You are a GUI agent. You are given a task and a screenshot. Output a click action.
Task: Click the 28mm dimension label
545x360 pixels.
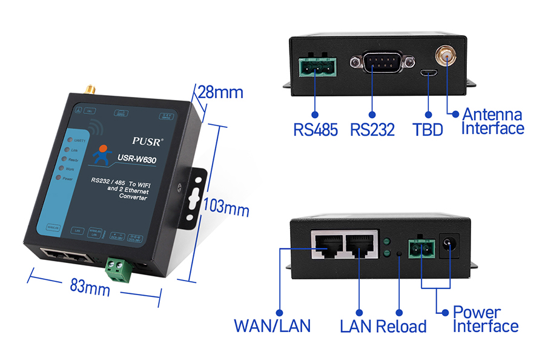coord(220,93)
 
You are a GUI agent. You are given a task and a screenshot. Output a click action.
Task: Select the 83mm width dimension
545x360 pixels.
coord(90,287)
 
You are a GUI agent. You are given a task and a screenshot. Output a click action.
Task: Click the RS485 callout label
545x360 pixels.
coord(315,130)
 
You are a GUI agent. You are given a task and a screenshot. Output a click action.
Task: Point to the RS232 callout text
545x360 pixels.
coord(372,130)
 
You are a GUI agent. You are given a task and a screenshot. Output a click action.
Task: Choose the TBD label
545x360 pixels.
coord(428,130)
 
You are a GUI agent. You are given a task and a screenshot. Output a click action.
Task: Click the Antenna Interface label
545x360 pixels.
coord(492,121)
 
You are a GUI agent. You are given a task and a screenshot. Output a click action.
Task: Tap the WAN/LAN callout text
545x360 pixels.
coord(272,325)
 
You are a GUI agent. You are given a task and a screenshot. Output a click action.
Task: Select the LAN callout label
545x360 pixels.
coord(355,326)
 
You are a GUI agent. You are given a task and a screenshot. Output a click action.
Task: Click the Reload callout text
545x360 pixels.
coord(401,326)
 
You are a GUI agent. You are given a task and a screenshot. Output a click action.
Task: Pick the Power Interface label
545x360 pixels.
coord(486,319)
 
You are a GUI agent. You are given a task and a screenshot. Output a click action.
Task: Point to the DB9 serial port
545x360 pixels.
coord(383,62)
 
